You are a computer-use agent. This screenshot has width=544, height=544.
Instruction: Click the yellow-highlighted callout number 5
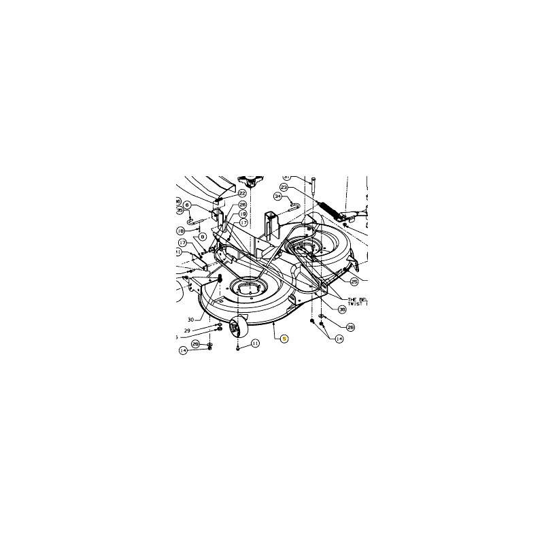[285, 339]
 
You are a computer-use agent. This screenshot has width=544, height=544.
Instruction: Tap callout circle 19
[243, 213]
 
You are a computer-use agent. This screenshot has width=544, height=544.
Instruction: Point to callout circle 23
[284, 188]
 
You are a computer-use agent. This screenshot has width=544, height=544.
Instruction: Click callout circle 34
[277, 197]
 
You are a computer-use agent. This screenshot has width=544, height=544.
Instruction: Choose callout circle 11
[255, 344]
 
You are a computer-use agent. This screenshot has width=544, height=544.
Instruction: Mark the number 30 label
[191, 319]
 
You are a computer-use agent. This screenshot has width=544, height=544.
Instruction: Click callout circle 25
[354, 281]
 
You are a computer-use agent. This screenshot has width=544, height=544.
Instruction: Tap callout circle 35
[180, 211]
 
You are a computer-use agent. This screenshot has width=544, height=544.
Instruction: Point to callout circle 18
[182, 230]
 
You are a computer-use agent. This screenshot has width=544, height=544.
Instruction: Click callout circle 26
[243, 204]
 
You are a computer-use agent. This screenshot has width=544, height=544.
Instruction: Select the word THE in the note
[352, 300]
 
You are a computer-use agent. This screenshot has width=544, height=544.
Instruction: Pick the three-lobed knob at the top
[250, 182]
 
